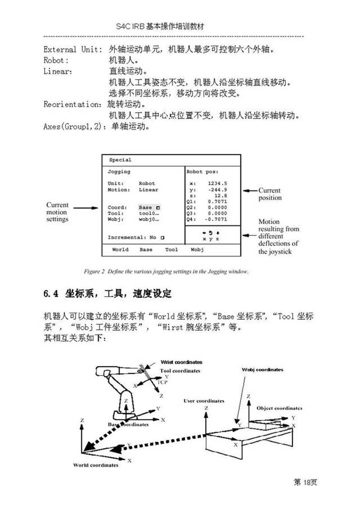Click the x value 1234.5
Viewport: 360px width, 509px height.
tap(217, 183)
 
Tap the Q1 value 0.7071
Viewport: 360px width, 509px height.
tap(217, 202)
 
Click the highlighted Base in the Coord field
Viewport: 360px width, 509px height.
tap(146, 208)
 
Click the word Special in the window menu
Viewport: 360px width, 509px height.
tap(120, 160)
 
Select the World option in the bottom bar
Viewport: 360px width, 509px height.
tap(120, 250)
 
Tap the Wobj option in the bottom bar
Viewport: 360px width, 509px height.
tap(197, 250)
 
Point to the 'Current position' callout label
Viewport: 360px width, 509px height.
tap(269, 194)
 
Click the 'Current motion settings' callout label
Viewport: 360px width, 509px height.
tap(57, 212)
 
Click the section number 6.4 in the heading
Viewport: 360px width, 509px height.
tap(51, 294)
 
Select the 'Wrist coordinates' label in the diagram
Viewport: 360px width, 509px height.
tap(181, 362)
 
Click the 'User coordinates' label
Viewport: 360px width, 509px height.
tap(204, 401)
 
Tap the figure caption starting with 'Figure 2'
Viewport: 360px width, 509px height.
tap(166, 272)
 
